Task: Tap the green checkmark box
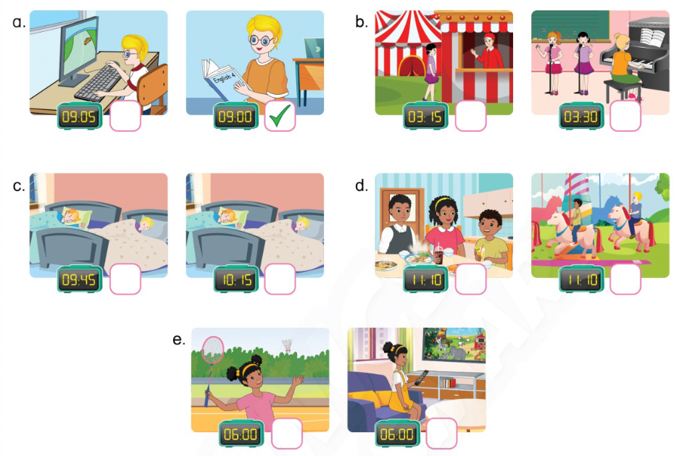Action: [280, 117]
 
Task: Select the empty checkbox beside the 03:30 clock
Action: [625, 117]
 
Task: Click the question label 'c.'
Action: [19, 185]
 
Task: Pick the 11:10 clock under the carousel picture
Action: [582, 279]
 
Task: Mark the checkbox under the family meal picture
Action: [470, 279]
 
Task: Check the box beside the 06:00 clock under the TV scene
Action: [441, 434]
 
